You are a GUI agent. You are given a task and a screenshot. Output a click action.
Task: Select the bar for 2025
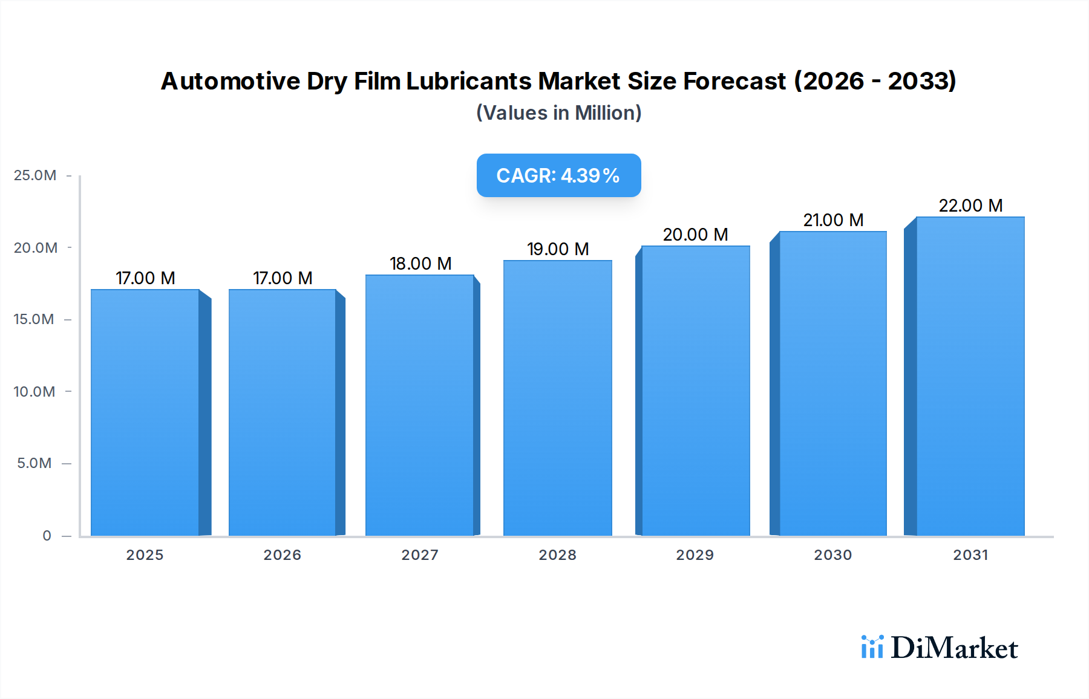[x=145, y=412]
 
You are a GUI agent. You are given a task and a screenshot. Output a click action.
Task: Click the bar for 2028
[x=557, y=398]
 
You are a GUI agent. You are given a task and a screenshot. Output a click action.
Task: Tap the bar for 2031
[x=970, y=376]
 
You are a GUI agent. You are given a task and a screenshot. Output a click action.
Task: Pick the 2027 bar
[x=419, y=405]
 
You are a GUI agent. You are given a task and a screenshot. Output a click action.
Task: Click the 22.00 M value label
[x=970, y=206]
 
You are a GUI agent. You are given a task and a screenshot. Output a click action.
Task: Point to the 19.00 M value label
[x=558, y=249]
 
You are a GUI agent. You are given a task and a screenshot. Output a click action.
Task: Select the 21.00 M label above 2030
[x=833, y=220]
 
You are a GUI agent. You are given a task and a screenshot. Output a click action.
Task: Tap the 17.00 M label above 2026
[x=283, y=278]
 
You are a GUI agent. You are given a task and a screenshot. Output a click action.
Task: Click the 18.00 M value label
[x=420, y=264]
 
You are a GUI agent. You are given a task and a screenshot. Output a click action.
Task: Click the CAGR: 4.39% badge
[x=558, y=175]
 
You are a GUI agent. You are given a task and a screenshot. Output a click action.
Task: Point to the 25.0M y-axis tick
[x=35, y=175]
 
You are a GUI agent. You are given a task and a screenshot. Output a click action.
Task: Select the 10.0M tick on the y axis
[x=34, y=392]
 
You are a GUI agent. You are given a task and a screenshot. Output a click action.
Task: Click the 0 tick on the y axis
[x=47, y=536]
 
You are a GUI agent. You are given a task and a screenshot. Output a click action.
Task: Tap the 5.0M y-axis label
[x=34, y=463]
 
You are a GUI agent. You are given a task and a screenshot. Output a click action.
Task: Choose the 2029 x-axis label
[x=695, y=555]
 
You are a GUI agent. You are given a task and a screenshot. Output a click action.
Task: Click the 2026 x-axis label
[x=282, y=555]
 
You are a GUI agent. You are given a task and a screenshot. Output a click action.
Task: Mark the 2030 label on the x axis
[x=832, y=555]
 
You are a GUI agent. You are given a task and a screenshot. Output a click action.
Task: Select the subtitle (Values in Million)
[x=558, y=113]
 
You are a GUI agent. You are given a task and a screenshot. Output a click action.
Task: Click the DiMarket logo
[x=940, y=648]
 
